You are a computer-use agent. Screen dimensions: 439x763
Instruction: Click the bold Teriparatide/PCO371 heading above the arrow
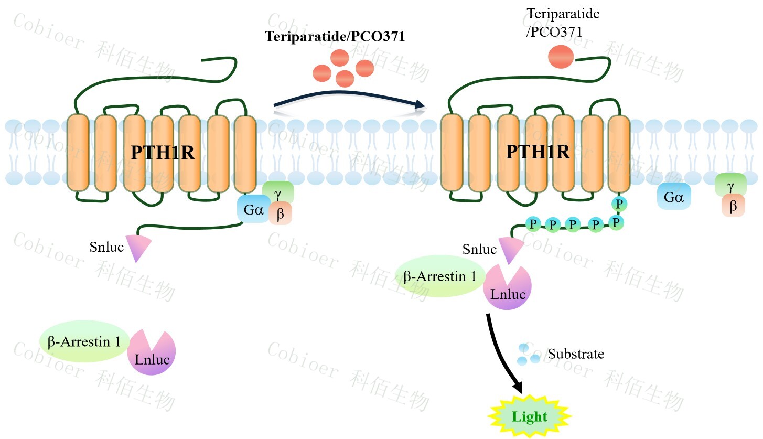click(335, 37)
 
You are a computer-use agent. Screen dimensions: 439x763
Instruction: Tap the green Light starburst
click(529, 417)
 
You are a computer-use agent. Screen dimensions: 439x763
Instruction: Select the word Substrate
click(576, 354)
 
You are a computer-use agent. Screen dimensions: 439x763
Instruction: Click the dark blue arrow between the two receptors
click(348, 98)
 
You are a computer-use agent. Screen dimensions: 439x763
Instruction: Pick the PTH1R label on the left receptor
click(162, 153)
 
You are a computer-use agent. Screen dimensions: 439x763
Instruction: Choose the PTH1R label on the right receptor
click(538, 152)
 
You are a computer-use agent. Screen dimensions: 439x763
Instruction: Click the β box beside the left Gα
click(281, 214)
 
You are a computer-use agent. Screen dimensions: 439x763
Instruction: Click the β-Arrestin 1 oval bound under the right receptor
click(440, 276)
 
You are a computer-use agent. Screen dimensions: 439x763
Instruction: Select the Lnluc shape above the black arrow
click(508, 290)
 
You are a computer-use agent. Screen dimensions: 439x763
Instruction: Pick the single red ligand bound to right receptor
click(561, 57)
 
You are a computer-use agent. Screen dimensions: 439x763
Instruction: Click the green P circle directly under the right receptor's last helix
click(619, 204)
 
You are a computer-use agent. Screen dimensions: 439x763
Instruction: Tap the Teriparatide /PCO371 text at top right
click(563, 23)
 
